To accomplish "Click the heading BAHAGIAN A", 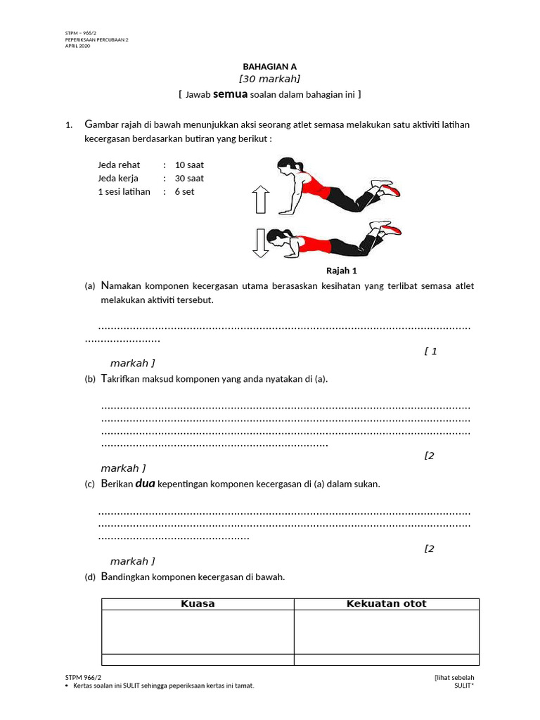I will pos(270,66).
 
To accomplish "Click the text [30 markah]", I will pos(270,79).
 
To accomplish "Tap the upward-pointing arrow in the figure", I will pos(261,199).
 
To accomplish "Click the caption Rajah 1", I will pos(342,271).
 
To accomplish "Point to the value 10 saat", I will pos(189,165).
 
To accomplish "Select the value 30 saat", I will pos(189,179).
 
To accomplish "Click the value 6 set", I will pos(185,192).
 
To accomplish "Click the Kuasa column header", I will pos(198,604).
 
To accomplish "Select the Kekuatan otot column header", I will pos(386,604).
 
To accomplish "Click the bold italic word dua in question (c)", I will pos(145,484).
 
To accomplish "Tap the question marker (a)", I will pos(89,286).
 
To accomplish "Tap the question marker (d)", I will pos(89,577).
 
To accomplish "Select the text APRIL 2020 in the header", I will pos(77,46).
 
